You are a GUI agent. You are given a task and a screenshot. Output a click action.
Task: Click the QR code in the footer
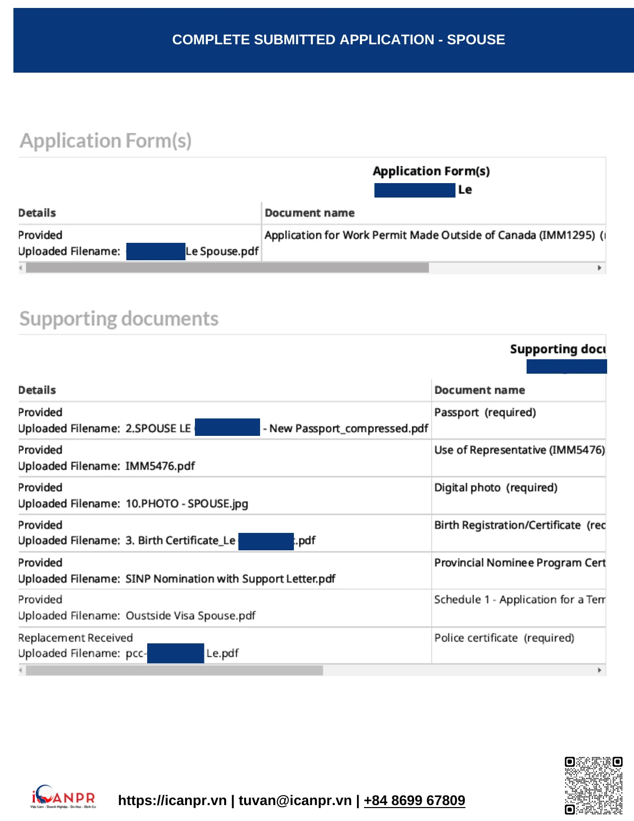[x=593, y=785]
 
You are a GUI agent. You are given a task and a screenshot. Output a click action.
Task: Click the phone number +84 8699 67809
[x=414, y=800]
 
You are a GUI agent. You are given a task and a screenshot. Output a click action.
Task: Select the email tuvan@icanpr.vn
[x=295, y=800]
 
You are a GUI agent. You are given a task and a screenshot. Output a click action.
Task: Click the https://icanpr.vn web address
[x=172, y=800]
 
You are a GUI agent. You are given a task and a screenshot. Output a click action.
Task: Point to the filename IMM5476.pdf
[x=160, y=466]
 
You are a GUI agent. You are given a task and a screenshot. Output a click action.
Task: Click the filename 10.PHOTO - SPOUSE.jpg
[x=186, y=504]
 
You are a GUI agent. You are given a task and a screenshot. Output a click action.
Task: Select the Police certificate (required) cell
[x=504, y=638]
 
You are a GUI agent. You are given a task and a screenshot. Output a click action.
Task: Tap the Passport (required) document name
[x=485, y=412]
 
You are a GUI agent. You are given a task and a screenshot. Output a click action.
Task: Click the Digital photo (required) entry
[x=495, y=488]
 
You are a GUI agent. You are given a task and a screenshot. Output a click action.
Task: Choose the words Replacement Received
[x=76, y=638]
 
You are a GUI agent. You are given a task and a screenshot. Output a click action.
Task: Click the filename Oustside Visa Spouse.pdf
[x=190, y=616]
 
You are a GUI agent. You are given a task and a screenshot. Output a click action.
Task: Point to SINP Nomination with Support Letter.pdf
[x=230, y=579]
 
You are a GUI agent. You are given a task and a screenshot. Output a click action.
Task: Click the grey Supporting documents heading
[x=119, y=318]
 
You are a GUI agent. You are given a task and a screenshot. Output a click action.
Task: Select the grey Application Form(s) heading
[x=105, y=141]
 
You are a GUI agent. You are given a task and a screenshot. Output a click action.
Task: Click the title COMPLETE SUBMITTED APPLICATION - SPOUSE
[x=338, y=40]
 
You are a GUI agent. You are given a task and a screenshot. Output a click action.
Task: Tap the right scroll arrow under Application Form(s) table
[x=599, y=268]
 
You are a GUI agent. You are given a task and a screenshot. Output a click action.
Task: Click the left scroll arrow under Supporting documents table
[x=21, y=670]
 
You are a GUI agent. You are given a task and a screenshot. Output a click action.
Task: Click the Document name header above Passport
[x=479, y=390]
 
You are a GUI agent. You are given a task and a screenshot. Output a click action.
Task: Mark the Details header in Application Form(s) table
[x=37, y=213]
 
